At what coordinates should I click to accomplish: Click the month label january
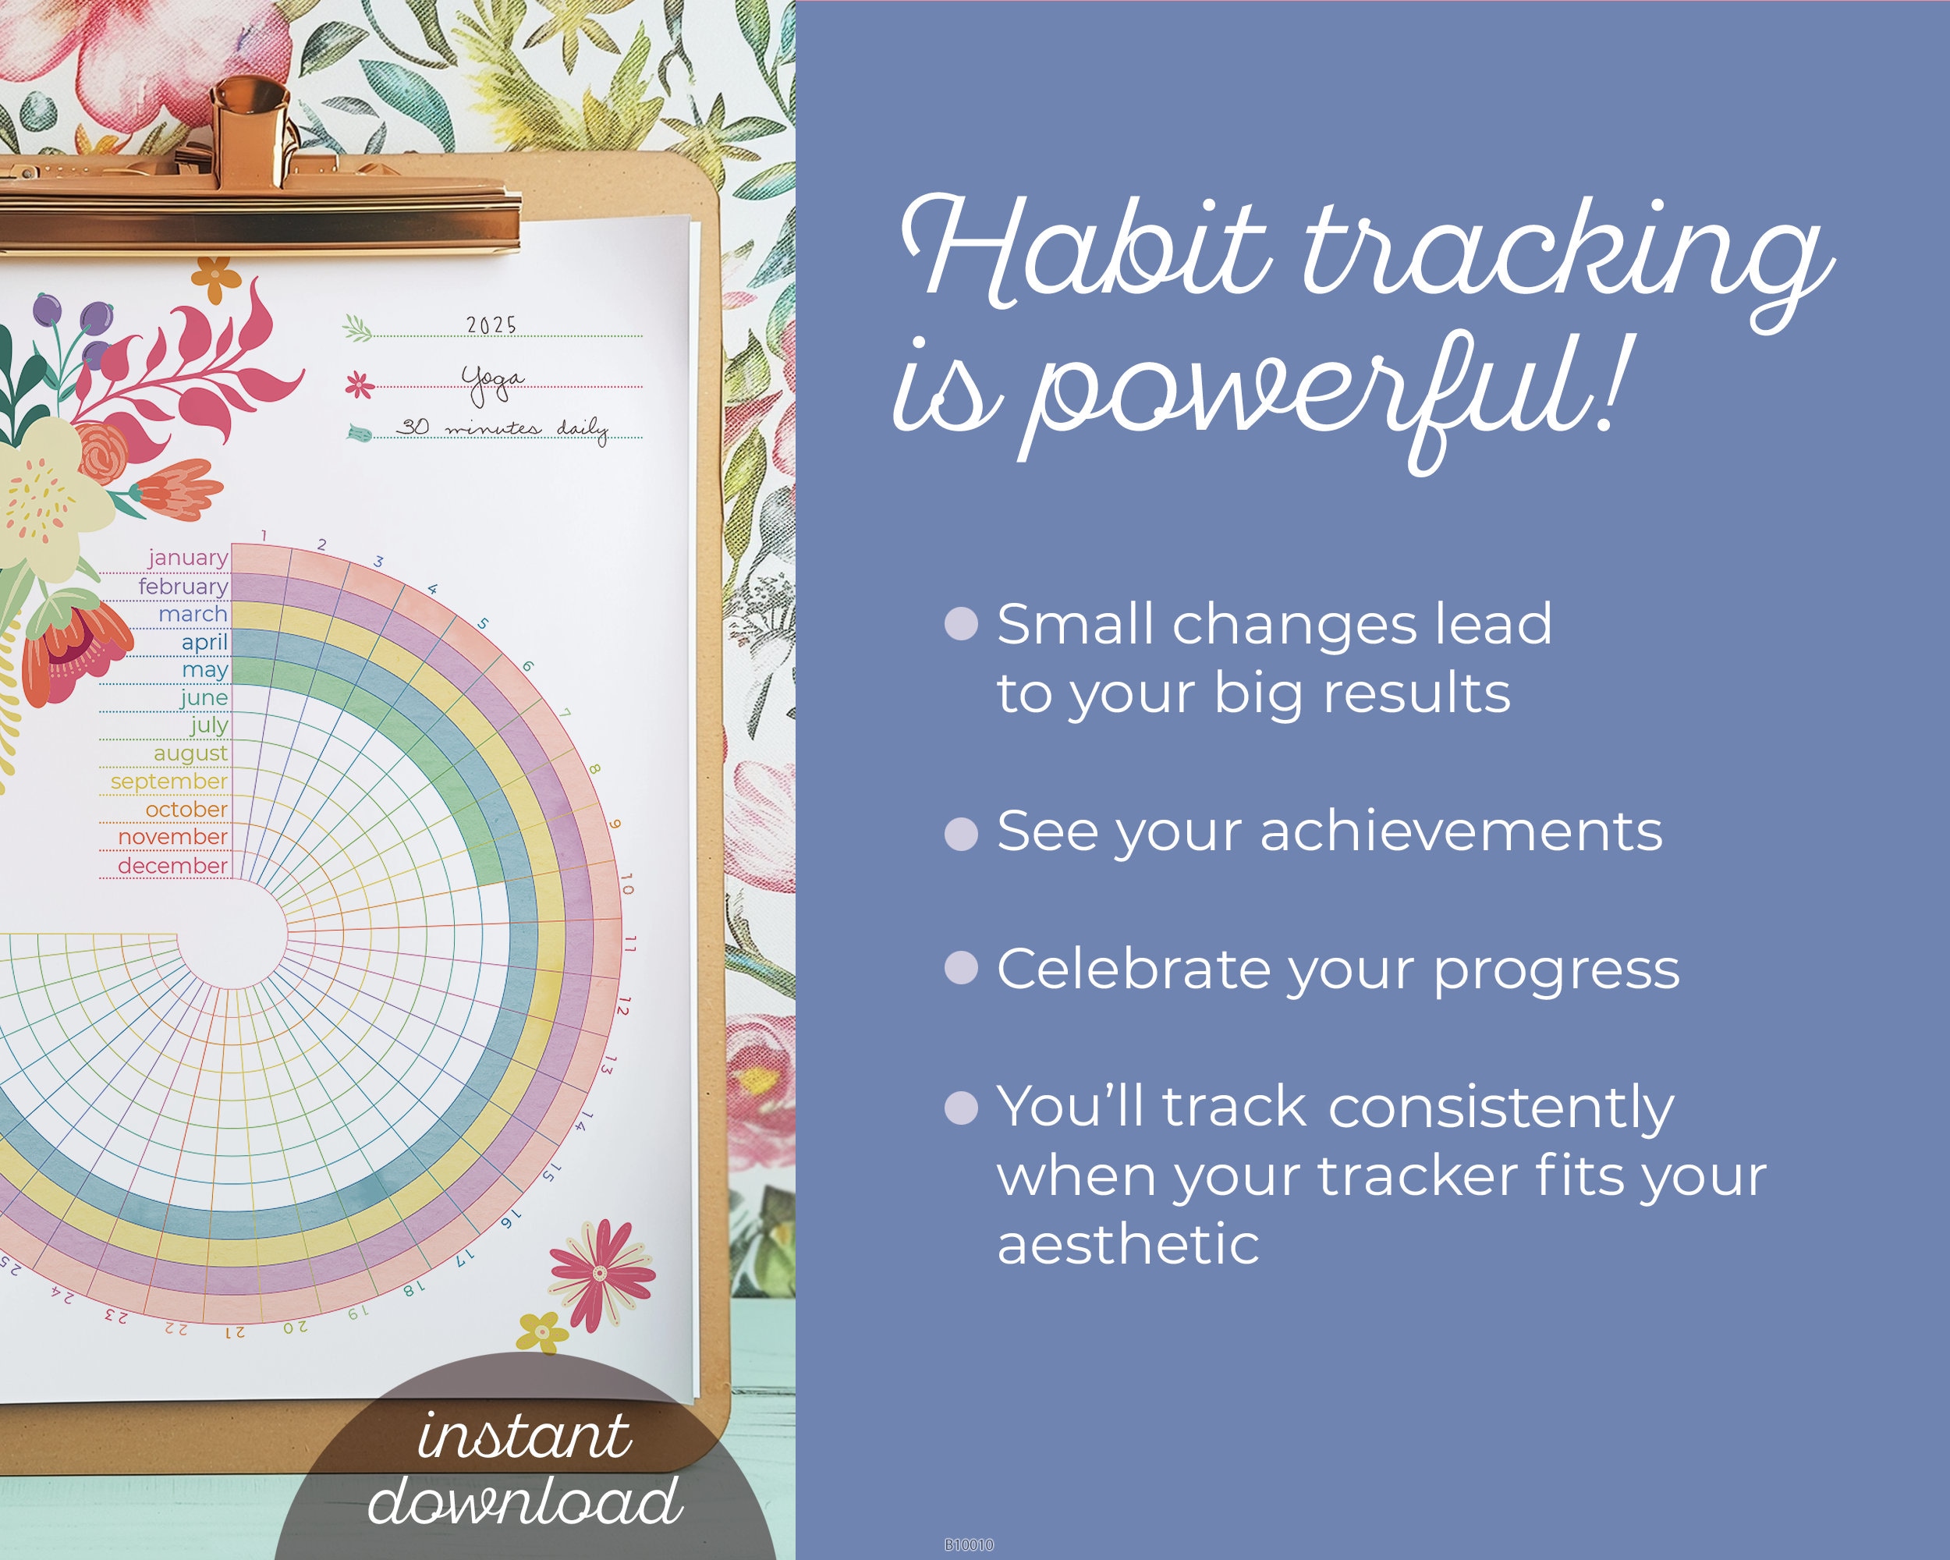click(187, 558)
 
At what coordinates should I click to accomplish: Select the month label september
click(169, 781)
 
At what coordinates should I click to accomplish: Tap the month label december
click(172, 866)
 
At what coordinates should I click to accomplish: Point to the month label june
click(204, 697)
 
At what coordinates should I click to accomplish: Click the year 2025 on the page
click(491, 324)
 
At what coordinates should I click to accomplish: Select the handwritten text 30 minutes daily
click(502, 427)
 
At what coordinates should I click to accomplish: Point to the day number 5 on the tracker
click(483, 624)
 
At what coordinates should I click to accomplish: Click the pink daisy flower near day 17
click(600, 1273)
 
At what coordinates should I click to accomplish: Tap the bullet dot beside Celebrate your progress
click(960, 968)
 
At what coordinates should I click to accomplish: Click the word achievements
click(1460, 831)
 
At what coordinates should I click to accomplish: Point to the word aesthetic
click(1127, 1243)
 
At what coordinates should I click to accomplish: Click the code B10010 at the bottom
click(969, 1544)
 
